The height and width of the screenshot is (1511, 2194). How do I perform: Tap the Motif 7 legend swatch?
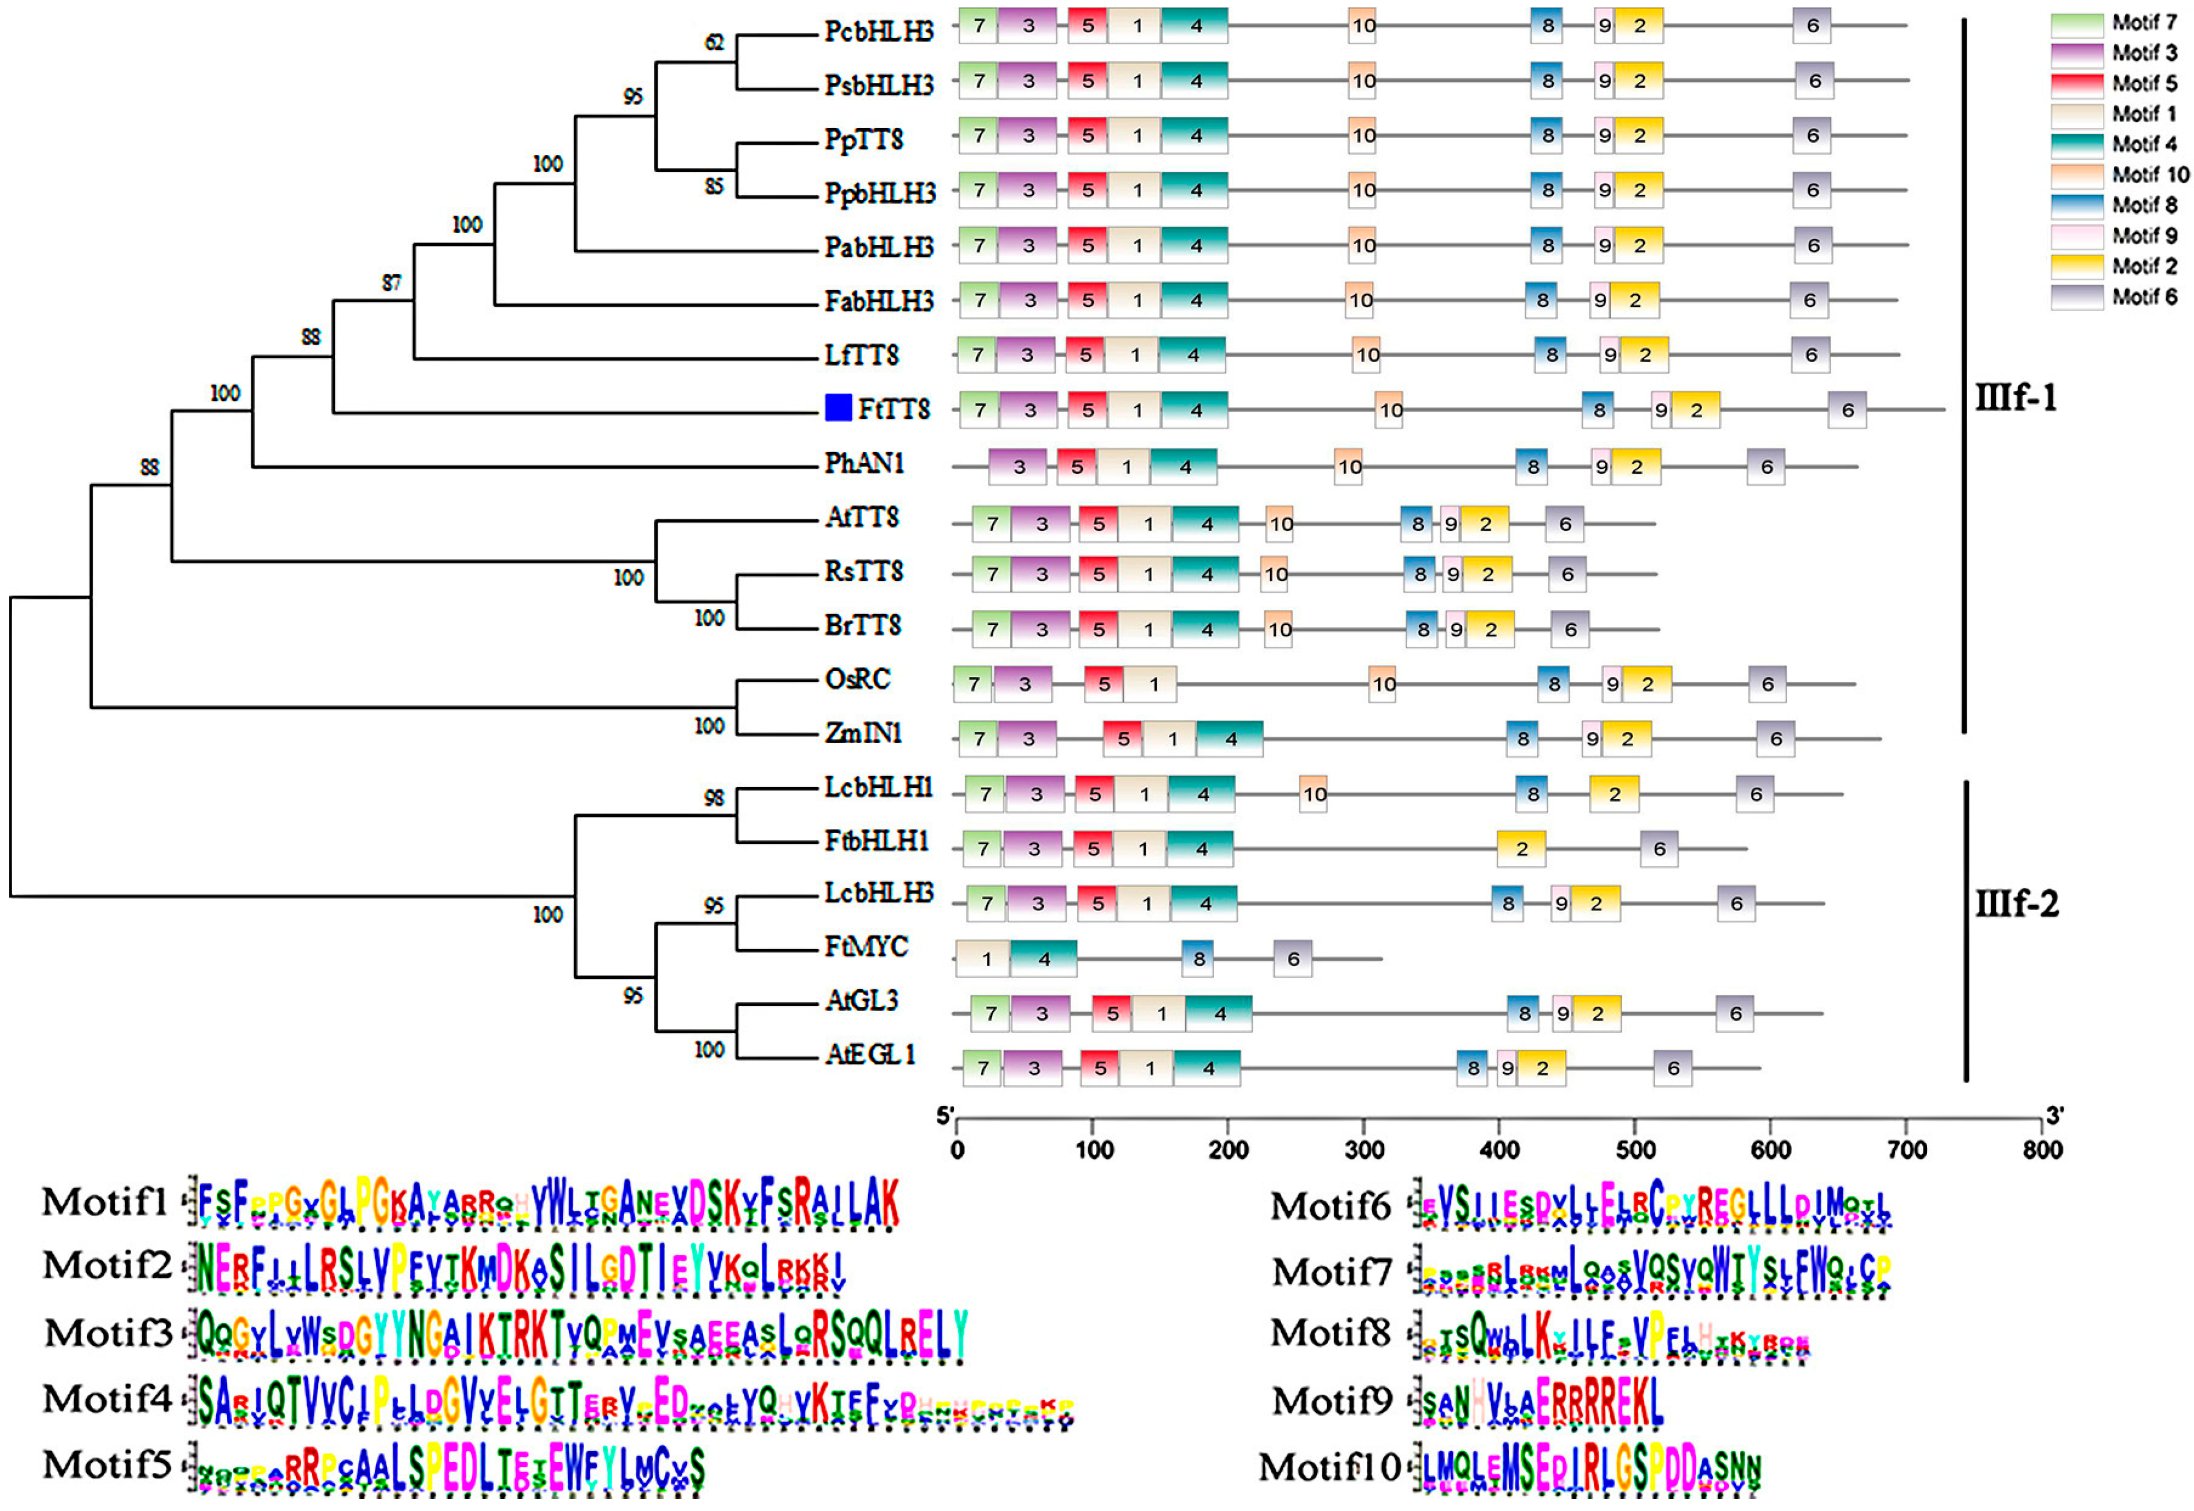pyautogui.click(x=2077, y=23)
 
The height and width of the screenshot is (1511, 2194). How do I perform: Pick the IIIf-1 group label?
pyautogui.click(x=2016, y=396)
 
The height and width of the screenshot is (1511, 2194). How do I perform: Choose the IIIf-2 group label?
pyautogui.click(x=2017, y=903)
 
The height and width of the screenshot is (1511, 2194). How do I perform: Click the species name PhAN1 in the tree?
pyautogui.click(x=864, y=463)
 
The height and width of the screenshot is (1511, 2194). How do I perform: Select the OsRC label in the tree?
pyautogui.click(x=857, y=680)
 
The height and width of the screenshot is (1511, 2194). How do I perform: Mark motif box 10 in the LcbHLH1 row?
pyautogui.click(x=1314, y=794)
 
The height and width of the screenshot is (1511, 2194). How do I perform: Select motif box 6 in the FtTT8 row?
pyautogui.click(x=1847, y=410)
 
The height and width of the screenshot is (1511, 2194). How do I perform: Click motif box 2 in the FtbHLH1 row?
pyautogui.click(x=1521, y=849)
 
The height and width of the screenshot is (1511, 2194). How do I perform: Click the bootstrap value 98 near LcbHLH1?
pyautogui.click(x=714, y=798)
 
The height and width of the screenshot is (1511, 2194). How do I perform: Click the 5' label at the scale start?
pyautogui.click(x=945, y=1116)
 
